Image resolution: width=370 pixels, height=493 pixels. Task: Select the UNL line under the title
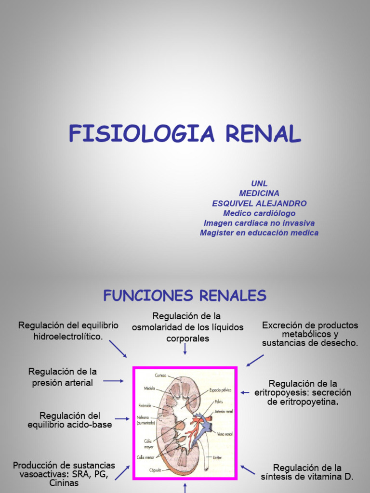pos(259,183)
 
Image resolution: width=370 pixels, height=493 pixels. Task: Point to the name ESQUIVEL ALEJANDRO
pos(259,203)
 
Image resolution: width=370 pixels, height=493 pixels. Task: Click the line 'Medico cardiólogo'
pos(259,213)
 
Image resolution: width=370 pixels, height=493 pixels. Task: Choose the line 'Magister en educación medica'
pos(259,233)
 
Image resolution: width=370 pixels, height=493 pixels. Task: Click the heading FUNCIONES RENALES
pos(185,295)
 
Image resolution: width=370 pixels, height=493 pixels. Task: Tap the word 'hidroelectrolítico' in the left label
pos(68,336)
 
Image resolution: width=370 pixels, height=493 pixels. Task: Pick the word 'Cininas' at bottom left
pos(64,483)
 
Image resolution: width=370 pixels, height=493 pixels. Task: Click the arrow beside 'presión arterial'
pos(114,381)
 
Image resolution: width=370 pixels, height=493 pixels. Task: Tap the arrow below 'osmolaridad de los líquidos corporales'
pos(185,349)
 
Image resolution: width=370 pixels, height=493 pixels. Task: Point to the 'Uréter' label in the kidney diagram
pos(217,457)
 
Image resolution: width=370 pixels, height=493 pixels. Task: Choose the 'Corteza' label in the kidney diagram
pos(161,375)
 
